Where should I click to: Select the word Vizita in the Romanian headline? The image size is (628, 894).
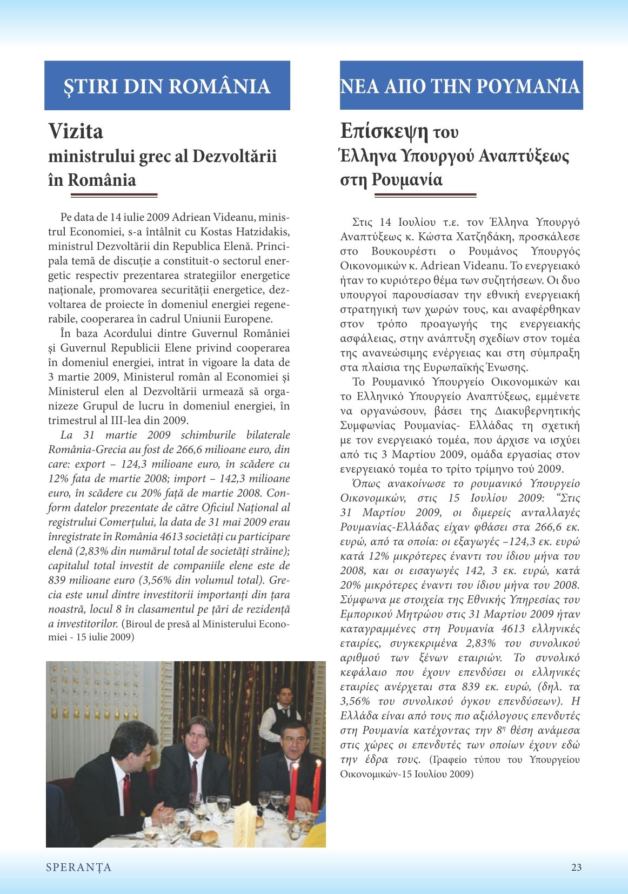click(x=76, y=131)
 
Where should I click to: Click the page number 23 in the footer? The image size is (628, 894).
click(x=576, y=867)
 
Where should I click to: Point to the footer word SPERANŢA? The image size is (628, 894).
click(x=78, y=867)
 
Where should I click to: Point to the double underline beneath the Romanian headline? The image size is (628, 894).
click(x=113, y=195)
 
